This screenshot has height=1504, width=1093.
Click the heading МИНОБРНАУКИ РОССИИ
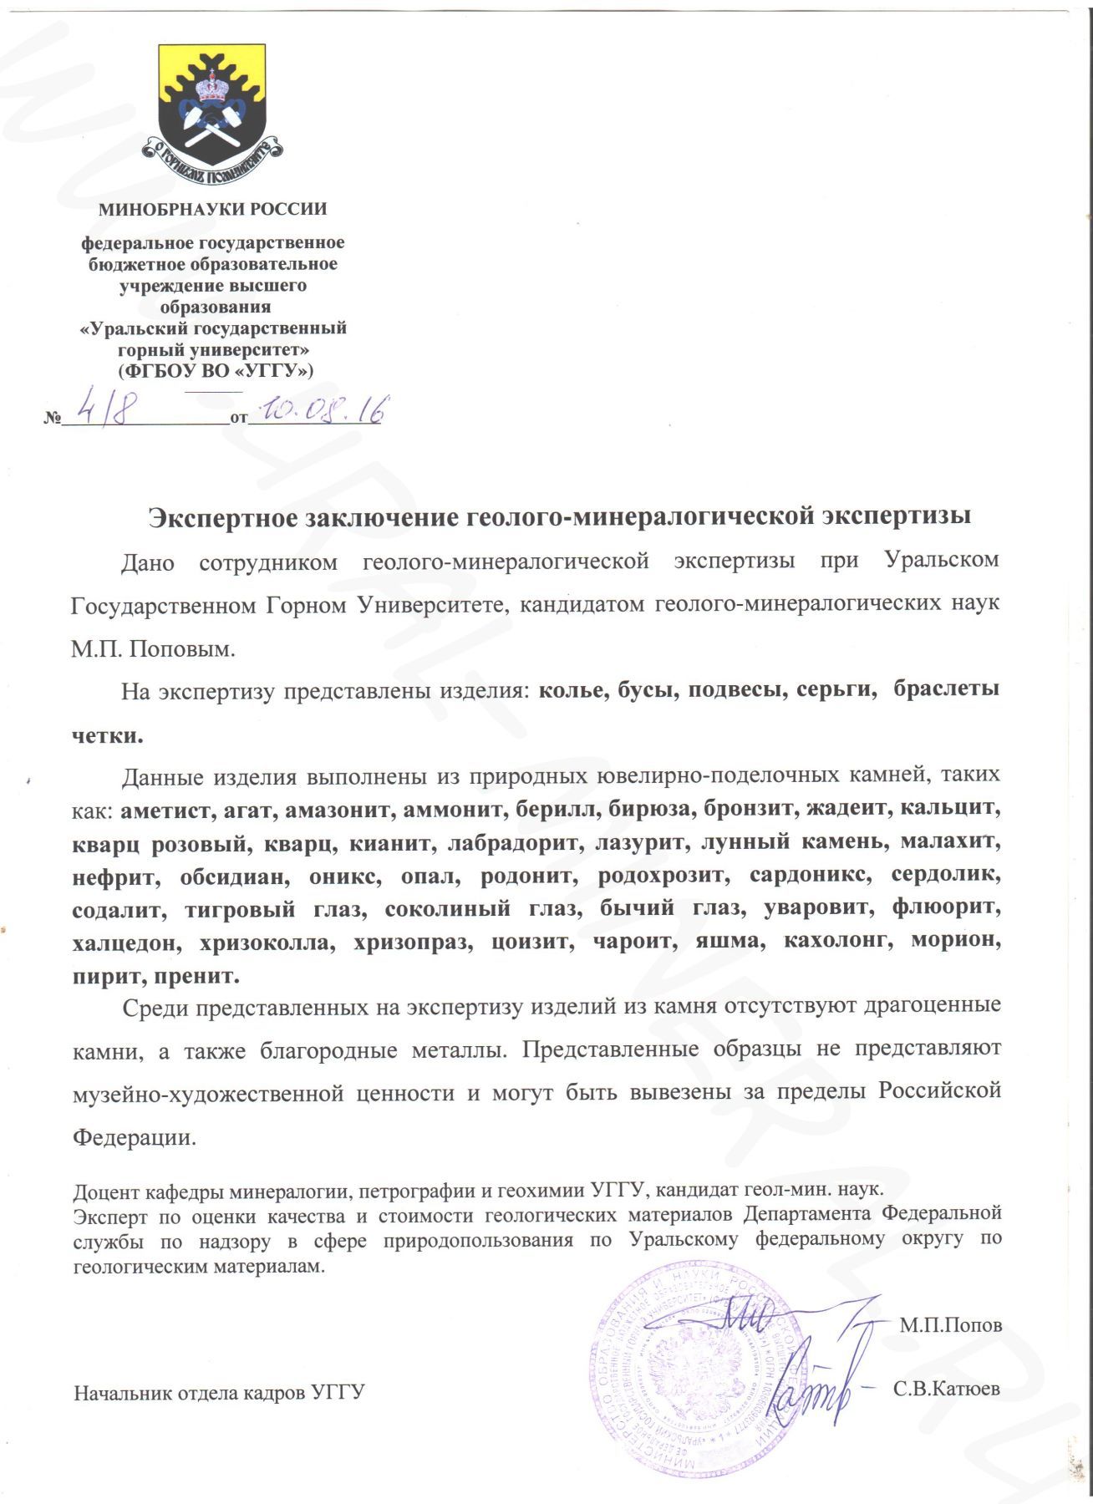click(212, 209)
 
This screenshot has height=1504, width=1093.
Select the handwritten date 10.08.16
click(323, 410)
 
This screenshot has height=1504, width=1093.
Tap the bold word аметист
click(163, 809)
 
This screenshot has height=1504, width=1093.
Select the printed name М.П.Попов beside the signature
click(950, 1326)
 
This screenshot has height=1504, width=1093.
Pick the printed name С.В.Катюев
click(946, 1390)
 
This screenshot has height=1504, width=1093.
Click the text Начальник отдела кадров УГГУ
click(219, 1393)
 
